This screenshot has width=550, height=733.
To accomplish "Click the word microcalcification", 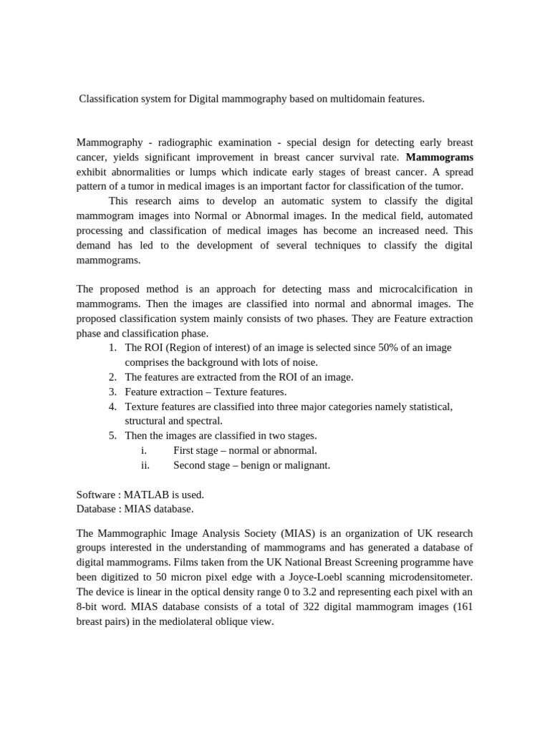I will [422, 289].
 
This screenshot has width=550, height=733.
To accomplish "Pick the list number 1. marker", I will [112, 347].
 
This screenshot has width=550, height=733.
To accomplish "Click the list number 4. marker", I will [112, 406].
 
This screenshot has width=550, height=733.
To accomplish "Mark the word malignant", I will [307, 465].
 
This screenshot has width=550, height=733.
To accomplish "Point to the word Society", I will [257, 534].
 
